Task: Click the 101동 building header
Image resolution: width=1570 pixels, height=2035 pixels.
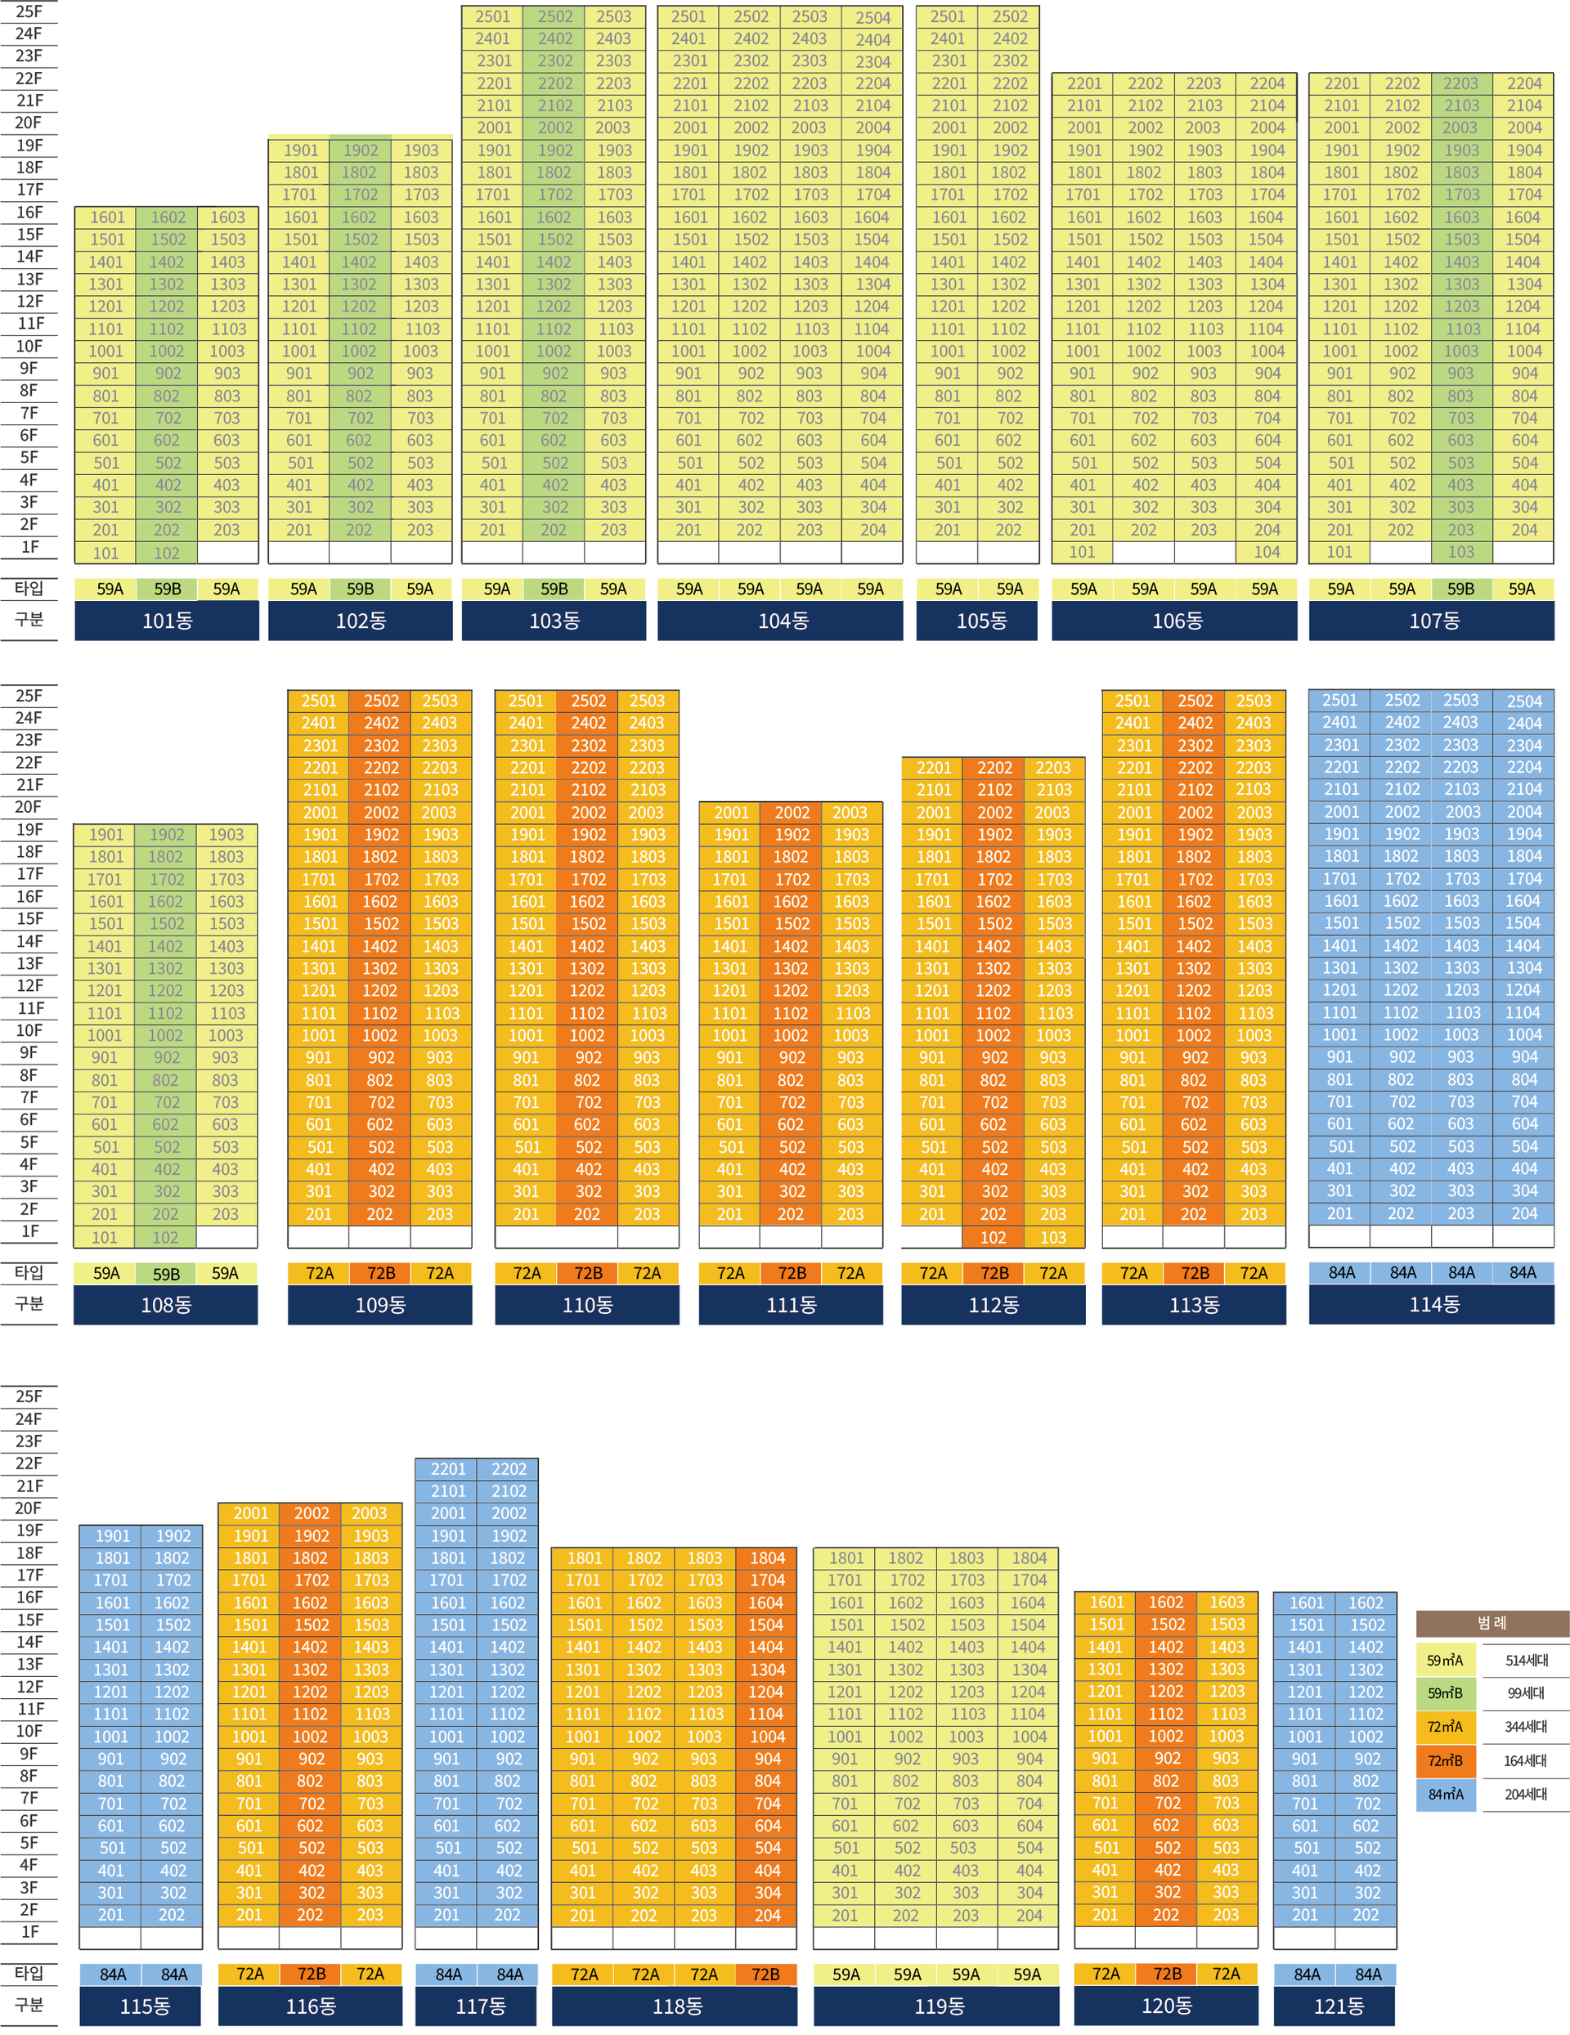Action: click(167, 621)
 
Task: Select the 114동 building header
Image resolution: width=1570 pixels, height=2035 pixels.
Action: click(1431, 1305)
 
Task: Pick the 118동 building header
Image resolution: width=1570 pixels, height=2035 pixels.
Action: click(675, 2006)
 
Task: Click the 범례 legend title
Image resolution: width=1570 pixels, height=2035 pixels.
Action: click(1491, 1623)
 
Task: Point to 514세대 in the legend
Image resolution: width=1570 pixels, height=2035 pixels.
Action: click(1525, 1660)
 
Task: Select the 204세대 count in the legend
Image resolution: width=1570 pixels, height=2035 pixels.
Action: click(1525, 1794)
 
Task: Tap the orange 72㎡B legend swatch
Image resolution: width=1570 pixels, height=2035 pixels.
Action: click(1445, 1760)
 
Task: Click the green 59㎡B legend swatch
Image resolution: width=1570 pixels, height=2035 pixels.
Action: click(1445, 1693)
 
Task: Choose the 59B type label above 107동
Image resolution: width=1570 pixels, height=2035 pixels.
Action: click(1461, 589)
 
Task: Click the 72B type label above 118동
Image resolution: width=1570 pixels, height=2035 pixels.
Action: click(766, 1974)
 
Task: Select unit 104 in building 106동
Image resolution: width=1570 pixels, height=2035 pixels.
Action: click(1267, 553)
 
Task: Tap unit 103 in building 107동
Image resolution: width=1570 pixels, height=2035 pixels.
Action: click(1461, 553)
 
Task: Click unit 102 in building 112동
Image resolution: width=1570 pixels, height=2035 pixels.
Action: click(994, 1237)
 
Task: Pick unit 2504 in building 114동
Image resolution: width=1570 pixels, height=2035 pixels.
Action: click(1524, 701)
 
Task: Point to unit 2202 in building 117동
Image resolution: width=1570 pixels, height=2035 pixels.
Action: click(509, 1468)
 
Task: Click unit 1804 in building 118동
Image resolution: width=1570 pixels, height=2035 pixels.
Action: click(767, 1558)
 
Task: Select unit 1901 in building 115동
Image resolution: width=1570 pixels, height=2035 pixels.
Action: click(112, 1535)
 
